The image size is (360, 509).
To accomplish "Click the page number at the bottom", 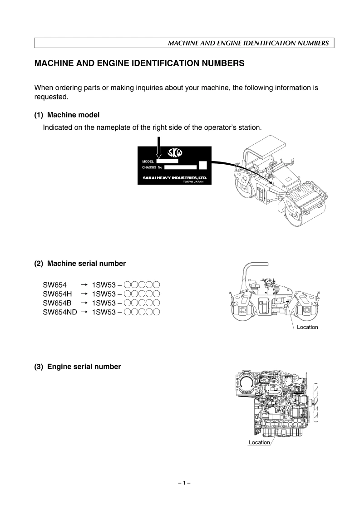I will (x=184, y=484).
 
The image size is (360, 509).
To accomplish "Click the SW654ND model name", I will (x=59, y=312).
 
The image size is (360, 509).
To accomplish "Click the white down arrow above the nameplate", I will (x=158, y=149).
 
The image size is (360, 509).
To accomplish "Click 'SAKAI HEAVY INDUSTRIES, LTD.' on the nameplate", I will (x=172, y=178).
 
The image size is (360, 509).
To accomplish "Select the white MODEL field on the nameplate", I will (x=167, y=161).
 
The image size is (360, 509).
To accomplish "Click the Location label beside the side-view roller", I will (x=307, y=327).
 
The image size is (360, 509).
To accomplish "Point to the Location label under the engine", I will (x=259, y=442).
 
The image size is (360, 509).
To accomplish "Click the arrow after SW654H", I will (x=84, y=294).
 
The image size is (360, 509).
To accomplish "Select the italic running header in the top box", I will (x=248, y=43).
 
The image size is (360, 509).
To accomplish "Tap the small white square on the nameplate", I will (x=203, y=165).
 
